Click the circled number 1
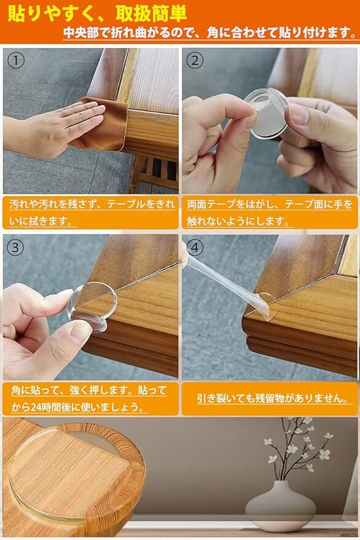tap(16, 61)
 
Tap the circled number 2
tap(195, 61)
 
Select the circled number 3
tap(15, 248)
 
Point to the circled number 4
tap(195, 248)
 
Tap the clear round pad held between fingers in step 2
tap(267, 113)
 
